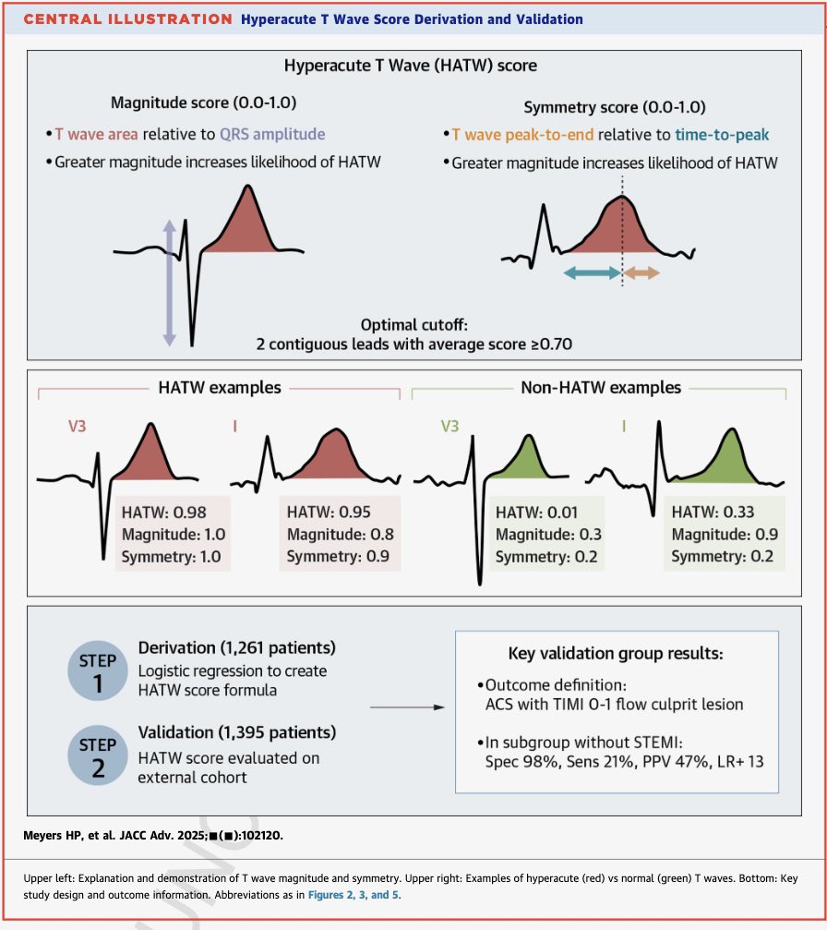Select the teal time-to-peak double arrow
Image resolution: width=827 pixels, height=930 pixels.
coord(592,272)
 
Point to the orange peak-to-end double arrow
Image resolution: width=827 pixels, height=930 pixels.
coord(641,272)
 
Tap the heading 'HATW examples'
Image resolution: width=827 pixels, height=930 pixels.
coord(220,387)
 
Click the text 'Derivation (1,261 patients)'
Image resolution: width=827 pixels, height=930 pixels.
coord(236,647)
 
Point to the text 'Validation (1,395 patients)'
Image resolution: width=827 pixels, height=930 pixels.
coord(237,732)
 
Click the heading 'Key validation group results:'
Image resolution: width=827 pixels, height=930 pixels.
coord(616,653)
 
